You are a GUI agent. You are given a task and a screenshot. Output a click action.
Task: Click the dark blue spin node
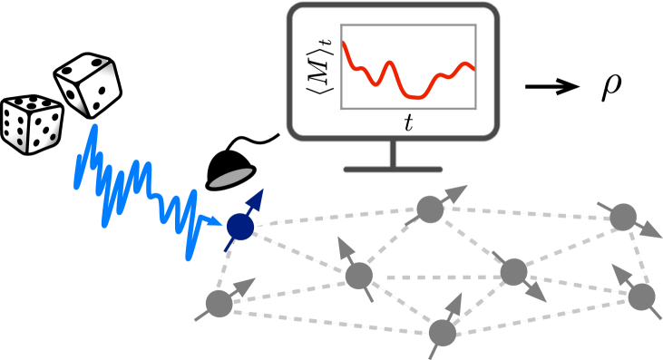pos(239,228)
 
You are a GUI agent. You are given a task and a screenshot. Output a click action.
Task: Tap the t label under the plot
pos(408,124)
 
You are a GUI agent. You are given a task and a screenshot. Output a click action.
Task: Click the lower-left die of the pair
pos(33,129)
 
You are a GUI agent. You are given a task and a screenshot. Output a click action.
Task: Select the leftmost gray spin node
pos(219,302)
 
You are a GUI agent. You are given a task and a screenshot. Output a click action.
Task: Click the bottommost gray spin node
pos(442,333)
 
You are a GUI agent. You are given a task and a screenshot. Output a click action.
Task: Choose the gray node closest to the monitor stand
pos(429,209)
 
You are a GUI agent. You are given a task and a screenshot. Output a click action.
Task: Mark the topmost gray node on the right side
pos(621,217)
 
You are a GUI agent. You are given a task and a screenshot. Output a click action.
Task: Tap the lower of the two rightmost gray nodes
pos(641,296)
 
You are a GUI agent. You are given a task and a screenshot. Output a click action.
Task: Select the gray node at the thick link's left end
pos(359,274)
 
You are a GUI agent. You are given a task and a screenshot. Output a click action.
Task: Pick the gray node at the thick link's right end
pos(513,271)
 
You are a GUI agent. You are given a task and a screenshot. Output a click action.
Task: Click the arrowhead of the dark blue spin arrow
pos(258,199)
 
